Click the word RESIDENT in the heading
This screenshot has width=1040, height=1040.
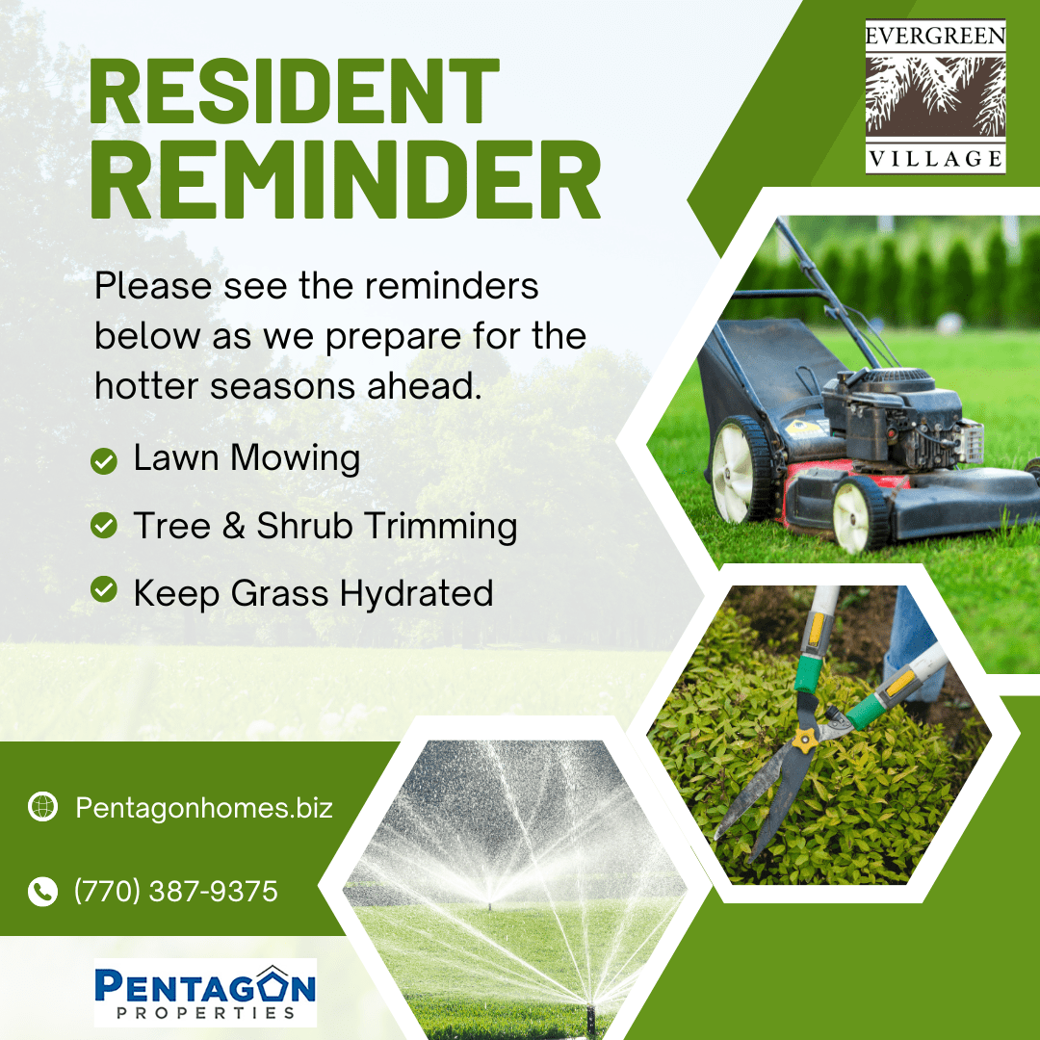pos(294,91)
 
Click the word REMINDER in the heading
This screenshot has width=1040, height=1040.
pos(345,179)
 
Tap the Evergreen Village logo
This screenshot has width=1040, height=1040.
pos(935,97)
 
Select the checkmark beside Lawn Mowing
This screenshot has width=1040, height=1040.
pos(103,461)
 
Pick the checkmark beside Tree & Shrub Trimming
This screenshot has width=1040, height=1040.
pos(103,526)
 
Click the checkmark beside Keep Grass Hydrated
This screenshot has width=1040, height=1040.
pos(103,589)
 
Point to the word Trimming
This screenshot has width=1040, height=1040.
pos(441,527)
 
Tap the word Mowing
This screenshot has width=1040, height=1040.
pos(296,459)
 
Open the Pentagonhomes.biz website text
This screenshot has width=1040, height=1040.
pos(203,808)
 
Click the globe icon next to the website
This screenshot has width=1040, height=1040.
pos(42,807)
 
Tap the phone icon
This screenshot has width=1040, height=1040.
pos(42,892)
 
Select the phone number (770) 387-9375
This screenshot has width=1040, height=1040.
pos(176,892)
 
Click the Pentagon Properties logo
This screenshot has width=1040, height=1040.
pos(205,992)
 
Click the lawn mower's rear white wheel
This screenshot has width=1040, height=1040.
pos(737,470)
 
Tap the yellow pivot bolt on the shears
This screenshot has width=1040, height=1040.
pos(804,739)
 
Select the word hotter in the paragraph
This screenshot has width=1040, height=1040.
pos(146,386)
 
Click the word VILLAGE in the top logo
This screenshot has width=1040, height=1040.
pos(935,159)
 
